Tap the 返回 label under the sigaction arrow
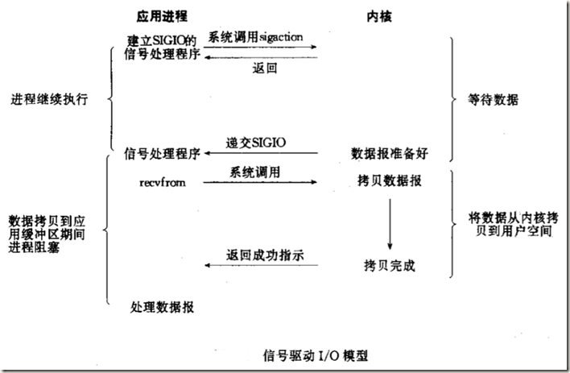(x=265, y=69)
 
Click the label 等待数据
(x=494, y=101)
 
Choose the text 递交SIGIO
(x=258, y=142)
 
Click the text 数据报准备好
(x=388, y=151)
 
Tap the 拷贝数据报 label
(x=390, y=182)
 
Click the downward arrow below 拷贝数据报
(x=390, y=222)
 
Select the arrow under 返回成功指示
(x=259, y=267)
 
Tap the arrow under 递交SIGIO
(x=259, y=153)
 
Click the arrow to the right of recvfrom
(x=259, y=183)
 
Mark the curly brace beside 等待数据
(x=453, y=100)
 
